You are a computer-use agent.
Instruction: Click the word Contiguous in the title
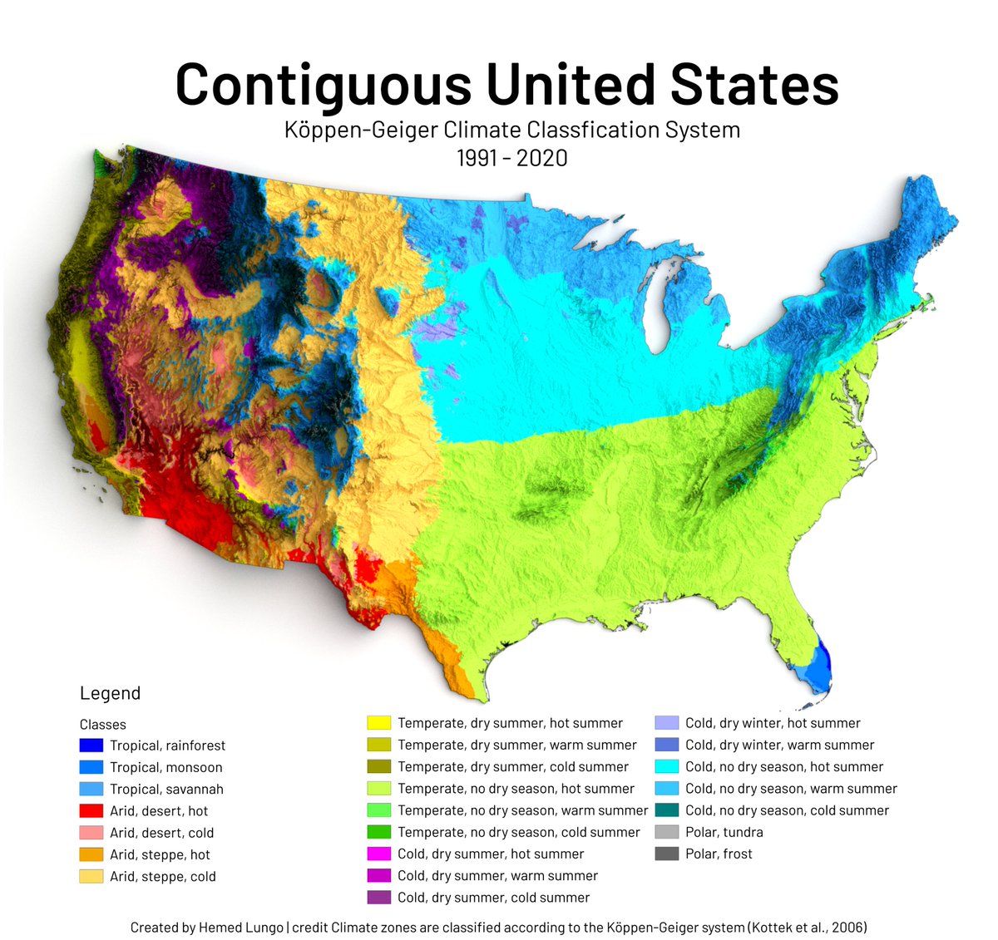coord(324,85)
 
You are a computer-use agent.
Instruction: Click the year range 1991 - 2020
coord(511,157)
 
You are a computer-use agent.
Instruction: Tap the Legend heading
coord(110,693)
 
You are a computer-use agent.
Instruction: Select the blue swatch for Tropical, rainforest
coord(91,746)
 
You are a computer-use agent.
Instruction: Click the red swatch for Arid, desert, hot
coord(91,810)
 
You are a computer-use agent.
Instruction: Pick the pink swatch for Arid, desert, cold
coord(91,832)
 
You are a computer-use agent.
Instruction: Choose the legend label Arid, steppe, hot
coord(160,854)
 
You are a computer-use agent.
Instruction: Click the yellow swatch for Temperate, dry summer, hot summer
coord(379,723)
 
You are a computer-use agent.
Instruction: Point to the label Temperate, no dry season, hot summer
coord(516,788)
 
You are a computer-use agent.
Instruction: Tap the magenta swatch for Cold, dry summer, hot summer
coord(379,854)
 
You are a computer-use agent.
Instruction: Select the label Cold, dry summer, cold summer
coord(493,898)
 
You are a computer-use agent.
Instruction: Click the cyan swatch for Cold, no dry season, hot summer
coord(667,766)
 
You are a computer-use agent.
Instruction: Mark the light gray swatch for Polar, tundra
coord(667,832)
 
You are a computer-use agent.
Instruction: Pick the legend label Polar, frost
coord(719,854)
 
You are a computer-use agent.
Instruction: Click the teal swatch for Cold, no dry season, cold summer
coord(667,810)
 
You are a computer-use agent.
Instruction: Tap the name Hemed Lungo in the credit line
coord(241,928)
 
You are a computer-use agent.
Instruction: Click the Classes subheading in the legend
coord(103,725)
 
